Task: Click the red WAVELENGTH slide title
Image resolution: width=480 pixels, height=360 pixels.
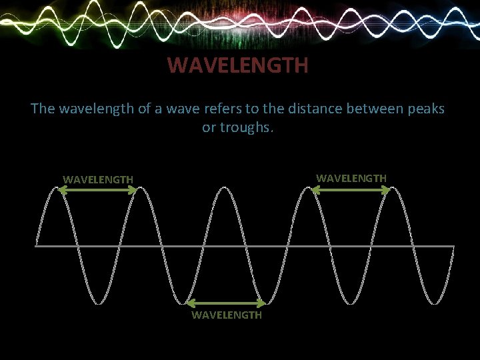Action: [237, 65]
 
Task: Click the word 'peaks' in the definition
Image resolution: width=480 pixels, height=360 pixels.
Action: [425, 108]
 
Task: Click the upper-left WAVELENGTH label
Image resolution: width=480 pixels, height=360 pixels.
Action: [98, 179]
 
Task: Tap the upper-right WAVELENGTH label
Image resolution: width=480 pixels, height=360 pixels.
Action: [351, 178]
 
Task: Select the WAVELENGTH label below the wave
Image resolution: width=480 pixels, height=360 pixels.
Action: [227, 315]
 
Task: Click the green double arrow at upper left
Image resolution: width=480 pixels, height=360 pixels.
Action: [98, 190]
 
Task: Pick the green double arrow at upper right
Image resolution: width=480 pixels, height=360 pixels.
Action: [351, 190]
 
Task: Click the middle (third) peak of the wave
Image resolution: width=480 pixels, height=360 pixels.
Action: [226, 188]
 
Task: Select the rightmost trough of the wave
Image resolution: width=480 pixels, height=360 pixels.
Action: [436, 303]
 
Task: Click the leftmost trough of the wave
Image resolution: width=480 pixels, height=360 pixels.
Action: [99, 303]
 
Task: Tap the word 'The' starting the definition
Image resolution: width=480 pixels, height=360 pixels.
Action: [43, 108]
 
